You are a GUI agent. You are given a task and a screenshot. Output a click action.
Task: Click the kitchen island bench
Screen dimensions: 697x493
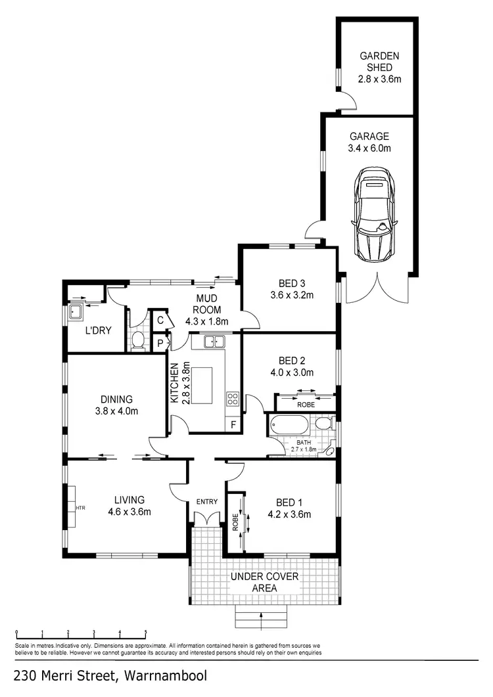(205, 386)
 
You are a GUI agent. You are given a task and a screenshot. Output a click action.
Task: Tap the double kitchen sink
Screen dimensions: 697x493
(214, 341)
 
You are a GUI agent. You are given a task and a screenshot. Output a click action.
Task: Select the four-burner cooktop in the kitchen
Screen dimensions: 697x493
(233, 398)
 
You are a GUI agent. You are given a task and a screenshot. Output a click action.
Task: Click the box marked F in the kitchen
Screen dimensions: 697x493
(232, 424)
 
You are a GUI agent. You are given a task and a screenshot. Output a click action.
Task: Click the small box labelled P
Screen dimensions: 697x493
(159, 342)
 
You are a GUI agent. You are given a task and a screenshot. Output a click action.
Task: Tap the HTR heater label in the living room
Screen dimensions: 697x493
(80, 508)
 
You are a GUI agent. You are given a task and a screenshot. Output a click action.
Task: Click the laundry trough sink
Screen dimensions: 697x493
(76, 313)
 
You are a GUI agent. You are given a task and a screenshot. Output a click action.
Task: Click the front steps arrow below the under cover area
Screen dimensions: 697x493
(262, 616)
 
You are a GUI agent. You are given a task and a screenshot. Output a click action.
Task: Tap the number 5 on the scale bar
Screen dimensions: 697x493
(145, 633)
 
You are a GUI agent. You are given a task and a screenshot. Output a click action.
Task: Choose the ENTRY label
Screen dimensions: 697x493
(206, 502)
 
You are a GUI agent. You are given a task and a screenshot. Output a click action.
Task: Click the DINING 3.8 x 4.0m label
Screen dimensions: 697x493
(117, 405)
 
